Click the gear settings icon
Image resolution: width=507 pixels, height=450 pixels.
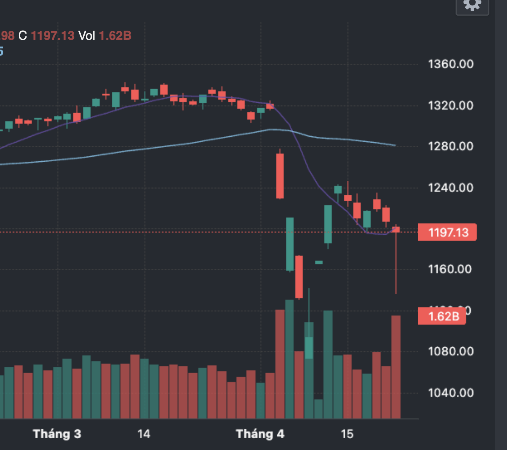472,5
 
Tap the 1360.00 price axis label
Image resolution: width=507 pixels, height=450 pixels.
450,64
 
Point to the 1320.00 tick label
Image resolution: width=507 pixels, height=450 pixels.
450,105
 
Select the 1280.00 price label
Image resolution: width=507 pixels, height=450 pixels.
450,146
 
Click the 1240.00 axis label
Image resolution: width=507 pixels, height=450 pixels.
450,188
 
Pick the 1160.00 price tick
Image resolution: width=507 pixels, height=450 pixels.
450,269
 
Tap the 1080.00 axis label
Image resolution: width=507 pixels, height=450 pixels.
450,352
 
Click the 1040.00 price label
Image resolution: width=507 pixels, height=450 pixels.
450,393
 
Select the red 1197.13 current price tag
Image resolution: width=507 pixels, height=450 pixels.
447,232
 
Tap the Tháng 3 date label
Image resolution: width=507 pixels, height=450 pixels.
57,434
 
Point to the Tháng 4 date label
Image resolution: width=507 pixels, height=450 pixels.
260,434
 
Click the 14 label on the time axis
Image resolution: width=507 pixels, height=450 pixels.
144,434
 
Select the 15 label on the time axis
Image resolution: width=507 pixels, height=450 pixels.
347,434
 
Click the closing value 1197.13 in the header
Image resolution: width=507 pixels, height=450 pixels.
53,36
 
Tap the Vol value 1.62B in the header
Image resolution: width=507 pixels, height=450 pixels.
115,36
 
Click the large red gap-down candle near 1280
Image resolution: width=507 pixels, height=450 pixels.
280,176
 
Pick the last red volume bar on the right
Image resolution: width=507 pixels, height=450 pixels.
396,367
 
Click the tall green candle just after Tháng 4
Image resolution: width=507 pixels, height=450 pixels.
290,244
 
